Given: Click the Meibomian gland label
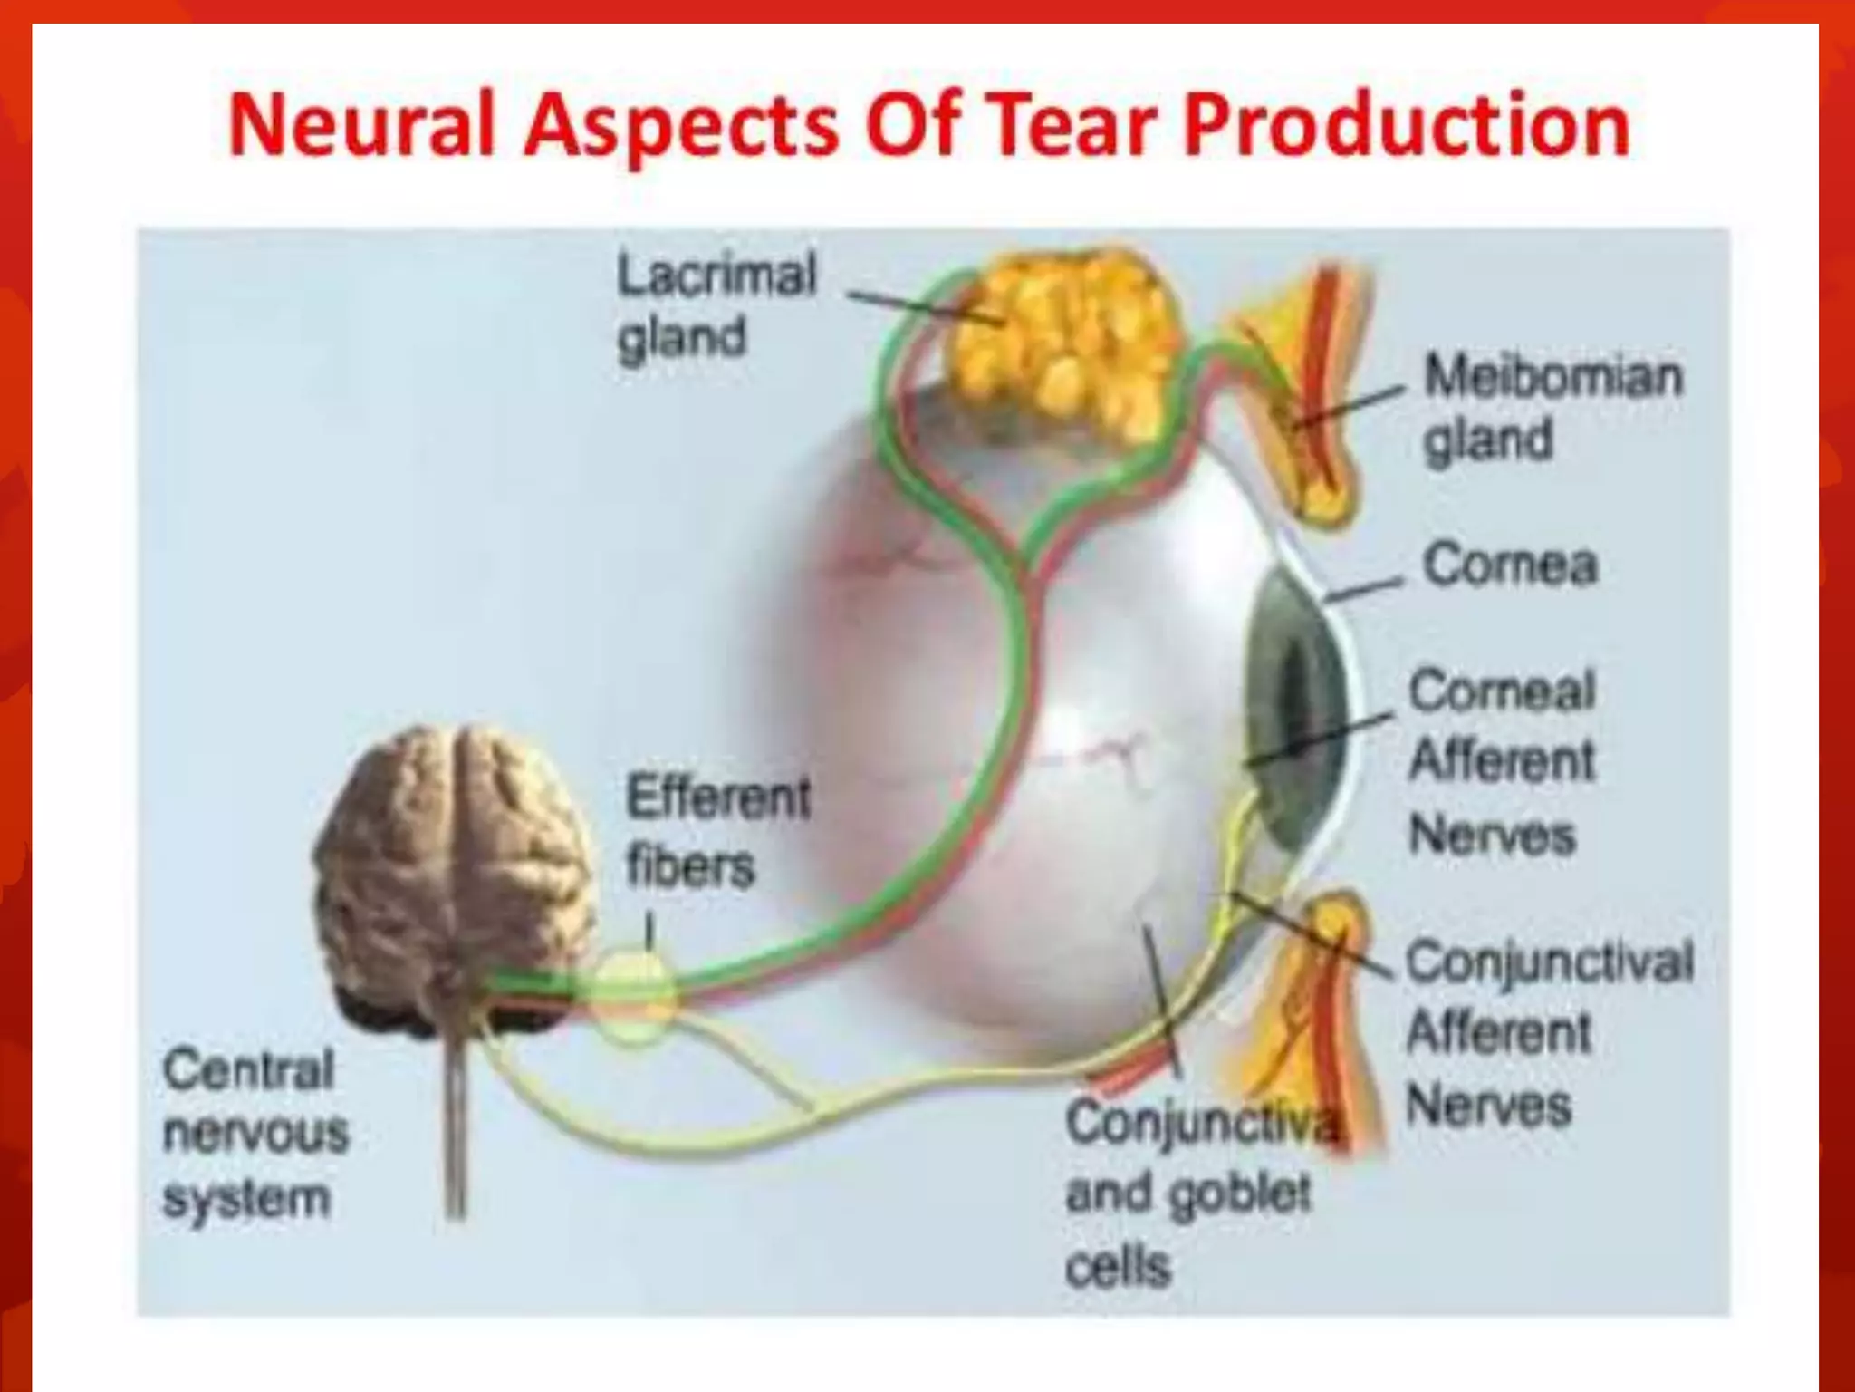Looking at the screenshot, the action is coord(1552,408).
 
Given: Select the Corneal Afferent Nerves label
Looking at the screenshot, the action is coord(1501,761).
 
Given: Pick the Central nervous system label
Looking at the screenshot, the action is coord(254,1133).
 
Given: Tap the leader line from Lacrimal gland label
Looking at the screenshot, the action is coord(924,306).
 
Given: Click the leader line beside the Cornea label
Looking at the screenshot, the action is coord(1363,589).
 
